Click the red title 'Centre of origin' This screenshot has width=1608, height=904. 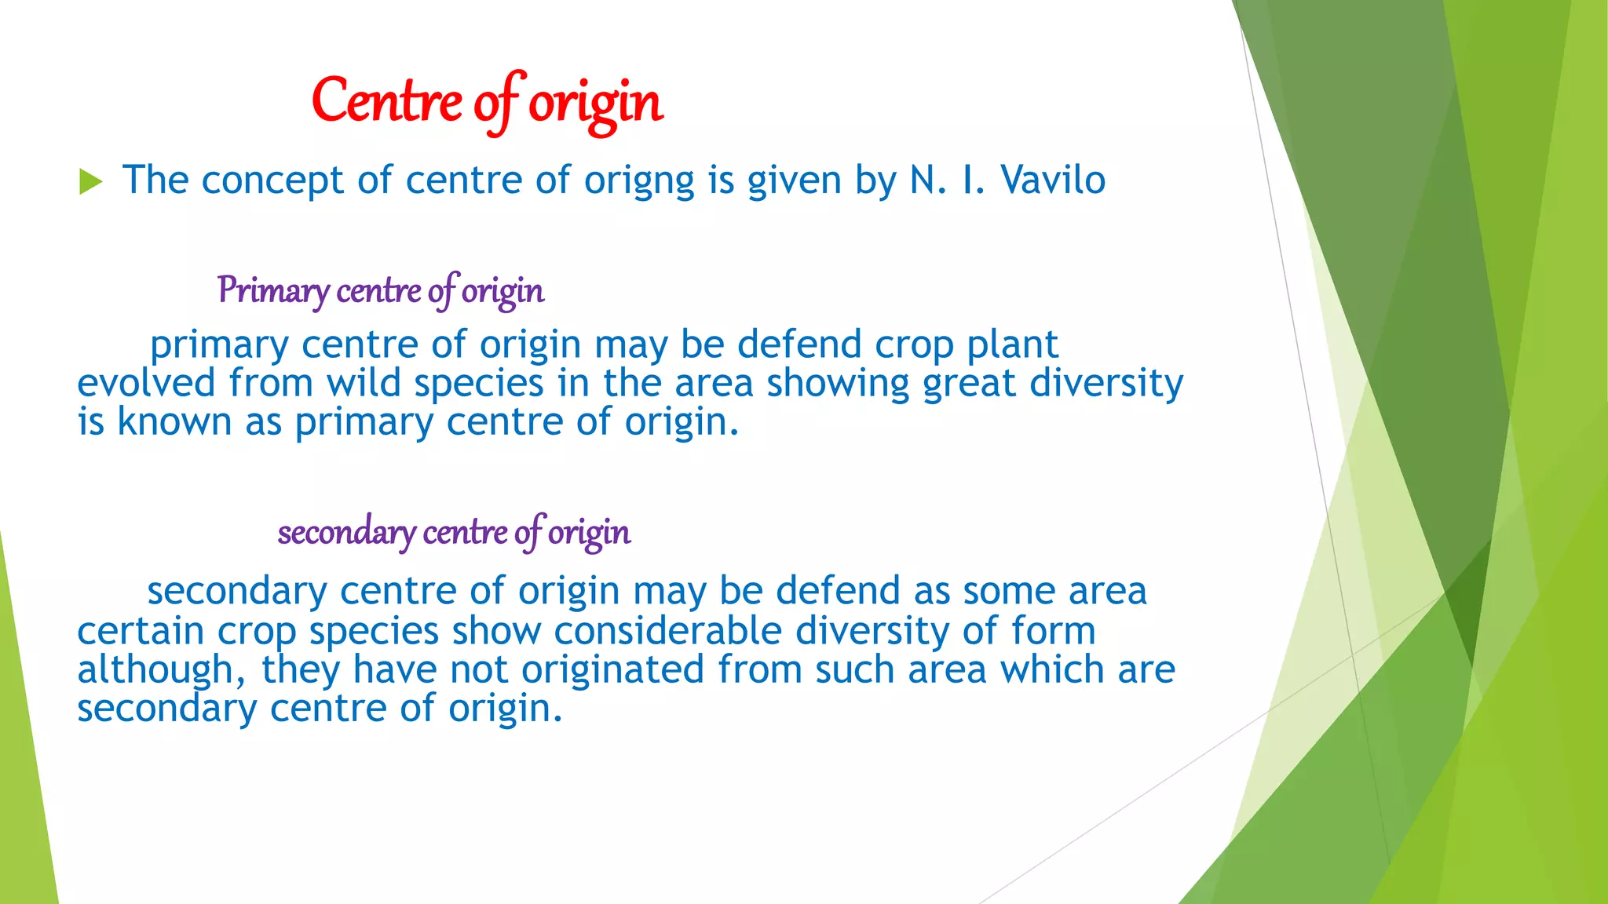click(x=487, y=102)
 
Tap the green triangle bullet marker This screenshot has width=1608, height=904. click(x=90, y=182)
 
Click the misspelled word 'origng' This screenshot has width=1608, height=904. click(x=638, y=180)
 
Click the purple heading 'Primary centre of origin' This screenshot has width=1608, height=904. click(x=380, y=291)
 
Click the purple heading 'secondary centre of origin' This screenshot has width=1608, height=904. click(x=454, y=533)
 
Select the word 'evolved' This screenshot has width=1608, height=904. click(x=146, y=384)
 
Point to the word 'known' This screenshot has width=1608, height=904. click(x=174, y=422)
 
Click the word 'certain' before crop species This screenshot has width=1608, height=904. click(x=141, y=631)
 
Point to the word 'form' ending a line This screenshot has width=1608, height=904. click(x=1052, y=631)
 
